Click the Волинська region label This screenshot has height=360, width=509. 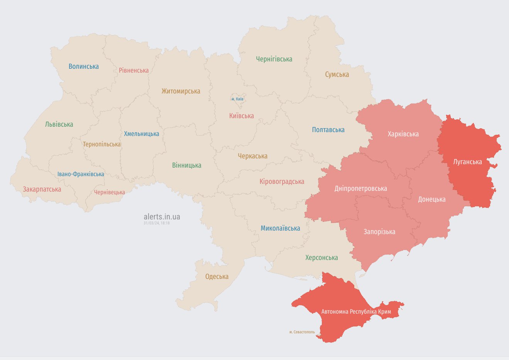84,66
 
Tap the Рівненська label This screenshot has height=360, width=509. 134,70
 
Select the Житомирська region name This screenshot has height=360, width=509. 181,91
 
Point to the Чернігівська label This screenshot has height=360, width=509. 274,59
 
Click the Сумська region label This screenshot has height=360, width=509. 337,75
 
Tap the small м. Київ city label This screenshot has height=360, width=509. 237,99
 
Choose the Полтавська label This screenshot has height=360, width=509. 328,130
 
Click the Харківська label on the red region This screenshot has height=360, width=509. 403,134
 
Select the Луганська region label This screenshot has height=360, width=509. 467,162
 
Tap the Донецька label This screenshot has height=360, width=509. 431,199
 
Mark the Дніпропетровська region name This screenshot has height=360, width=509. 360,188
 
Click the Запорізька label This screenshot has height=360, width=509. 379,232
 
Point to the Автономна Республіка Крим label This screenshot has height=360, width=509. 356,311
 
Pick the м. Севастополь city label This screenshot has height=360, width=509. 302,332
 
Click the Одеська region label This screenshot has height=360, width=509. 216,277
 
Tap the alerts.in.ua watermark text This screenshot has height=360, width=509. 162,217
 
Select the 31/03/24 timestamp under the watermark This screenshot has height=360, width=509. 157,223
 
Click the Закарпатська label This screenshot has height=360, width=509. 42,189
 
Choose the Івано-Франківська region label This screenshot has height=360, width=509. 81,174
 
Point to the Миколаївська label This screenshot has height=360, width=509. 280,228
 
